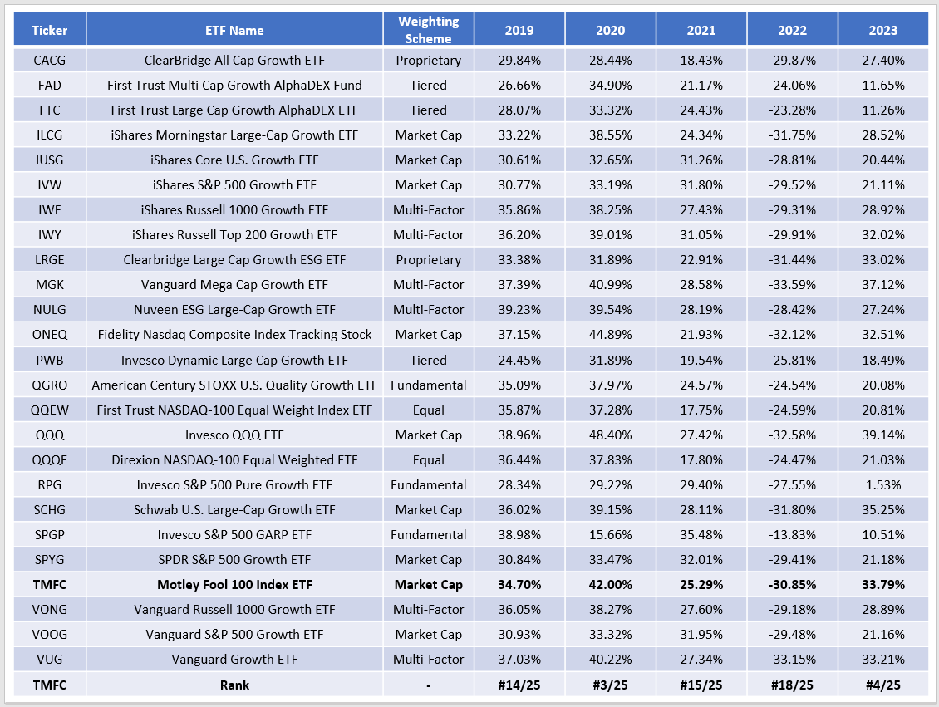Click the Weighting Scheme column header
pos(428,31)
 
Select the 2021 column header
pos(701,31)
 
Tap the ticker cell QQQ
pos(49,435)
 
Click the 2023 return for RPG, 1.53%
pos(882,484)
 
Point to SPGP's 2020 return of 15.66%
pos(610,534)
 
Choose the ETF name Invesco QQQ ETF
pos(234,435)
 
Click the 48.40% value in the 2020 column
pos(610,435)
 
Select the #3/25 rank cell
pos(610,685)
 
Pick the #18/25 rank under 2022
pos(792,685)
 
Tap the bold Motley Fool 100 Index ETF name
pos(234,585)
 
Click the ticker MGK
pos(49,284)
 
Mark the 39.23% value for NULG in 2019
pos(519,309)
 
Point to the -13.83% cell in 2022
pos(792,534)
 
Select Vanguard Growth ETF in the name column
pos(234,660)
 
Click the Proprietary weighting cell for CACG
pos(428,60)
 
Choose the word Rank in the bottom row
pos(234,685)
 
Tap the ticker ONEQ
pos(49,334)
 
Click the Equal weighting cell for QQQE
pos(428,459)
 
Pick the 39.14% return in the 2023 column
pos(882,435)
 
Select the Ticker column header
pos(49,31)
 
